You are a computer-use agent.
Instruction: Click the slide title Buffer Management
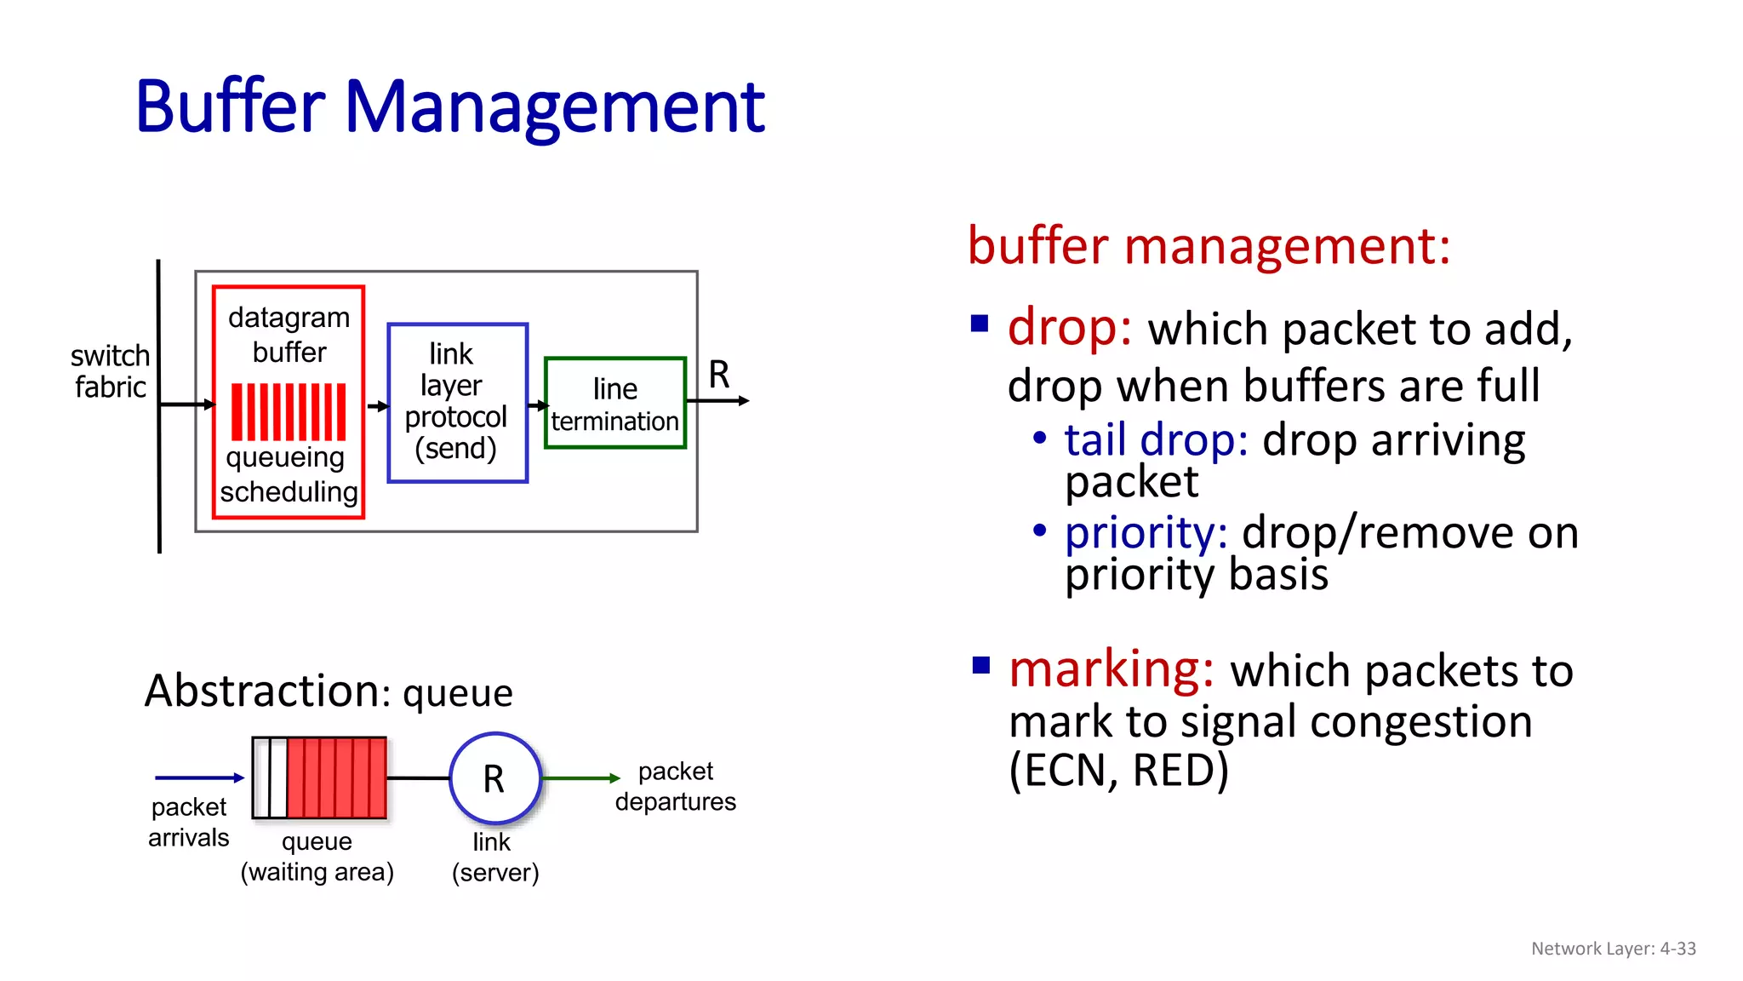pyautogui.click(x=449, y=106)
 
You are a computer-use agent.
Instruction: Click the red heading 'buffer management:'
pyautogui.click(x=1209, y=246)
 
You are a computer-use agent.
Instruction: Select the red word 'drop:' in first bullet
pyautogui.click(x=1069, y=327)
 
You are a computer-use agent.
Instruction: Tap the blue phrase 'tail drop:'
pyautogui.click(x=1156, y=440)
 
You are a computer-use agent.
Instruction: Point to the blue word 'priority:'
pyautogui.click(x=1146, y=533)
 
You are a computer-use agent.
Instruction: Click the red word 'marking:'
pyautogui.click(x=1111, y=669)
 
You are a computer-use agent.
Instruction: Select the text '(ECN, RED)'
pyautogui.click(x=1118, y=771)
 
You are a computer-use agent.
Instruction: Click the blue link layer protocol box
pyautogui.click(x=457, y=403)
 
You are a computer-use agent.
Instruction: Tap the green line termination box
pyautogui.click(x=614, y=404)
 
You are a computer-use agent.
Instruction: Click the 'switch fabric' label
pyautogui.click(x=110, y=371)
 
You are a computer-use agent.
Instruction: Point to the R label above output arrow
pyautogui.click(x=719, y=375)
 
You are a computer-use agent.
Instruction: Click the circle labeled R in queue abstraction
pyautogui.click(x=494, y=778)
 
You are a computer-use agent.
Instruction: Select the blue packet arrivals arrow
pyautogui.click(x=199, y=777)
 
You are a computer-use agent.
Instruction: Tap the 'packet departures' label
pyautogui.click(x=675, y=786)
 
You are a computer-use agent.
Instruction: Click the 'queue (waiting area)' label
pyautogui.click(x=317, y=857)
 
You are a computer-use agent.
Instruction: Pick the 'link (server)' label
pyautogui.click(x=494, y=857)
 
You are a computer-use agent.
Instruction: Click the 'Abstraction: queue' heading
pyautogui.click(x=329, y=691)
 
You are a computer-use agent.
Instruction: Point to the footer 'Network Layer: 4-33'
pyautogui.click(x=1613, y=949)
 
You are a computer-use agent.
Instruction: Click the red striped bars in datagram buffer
pyautogui.click(x=289, y=411)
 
